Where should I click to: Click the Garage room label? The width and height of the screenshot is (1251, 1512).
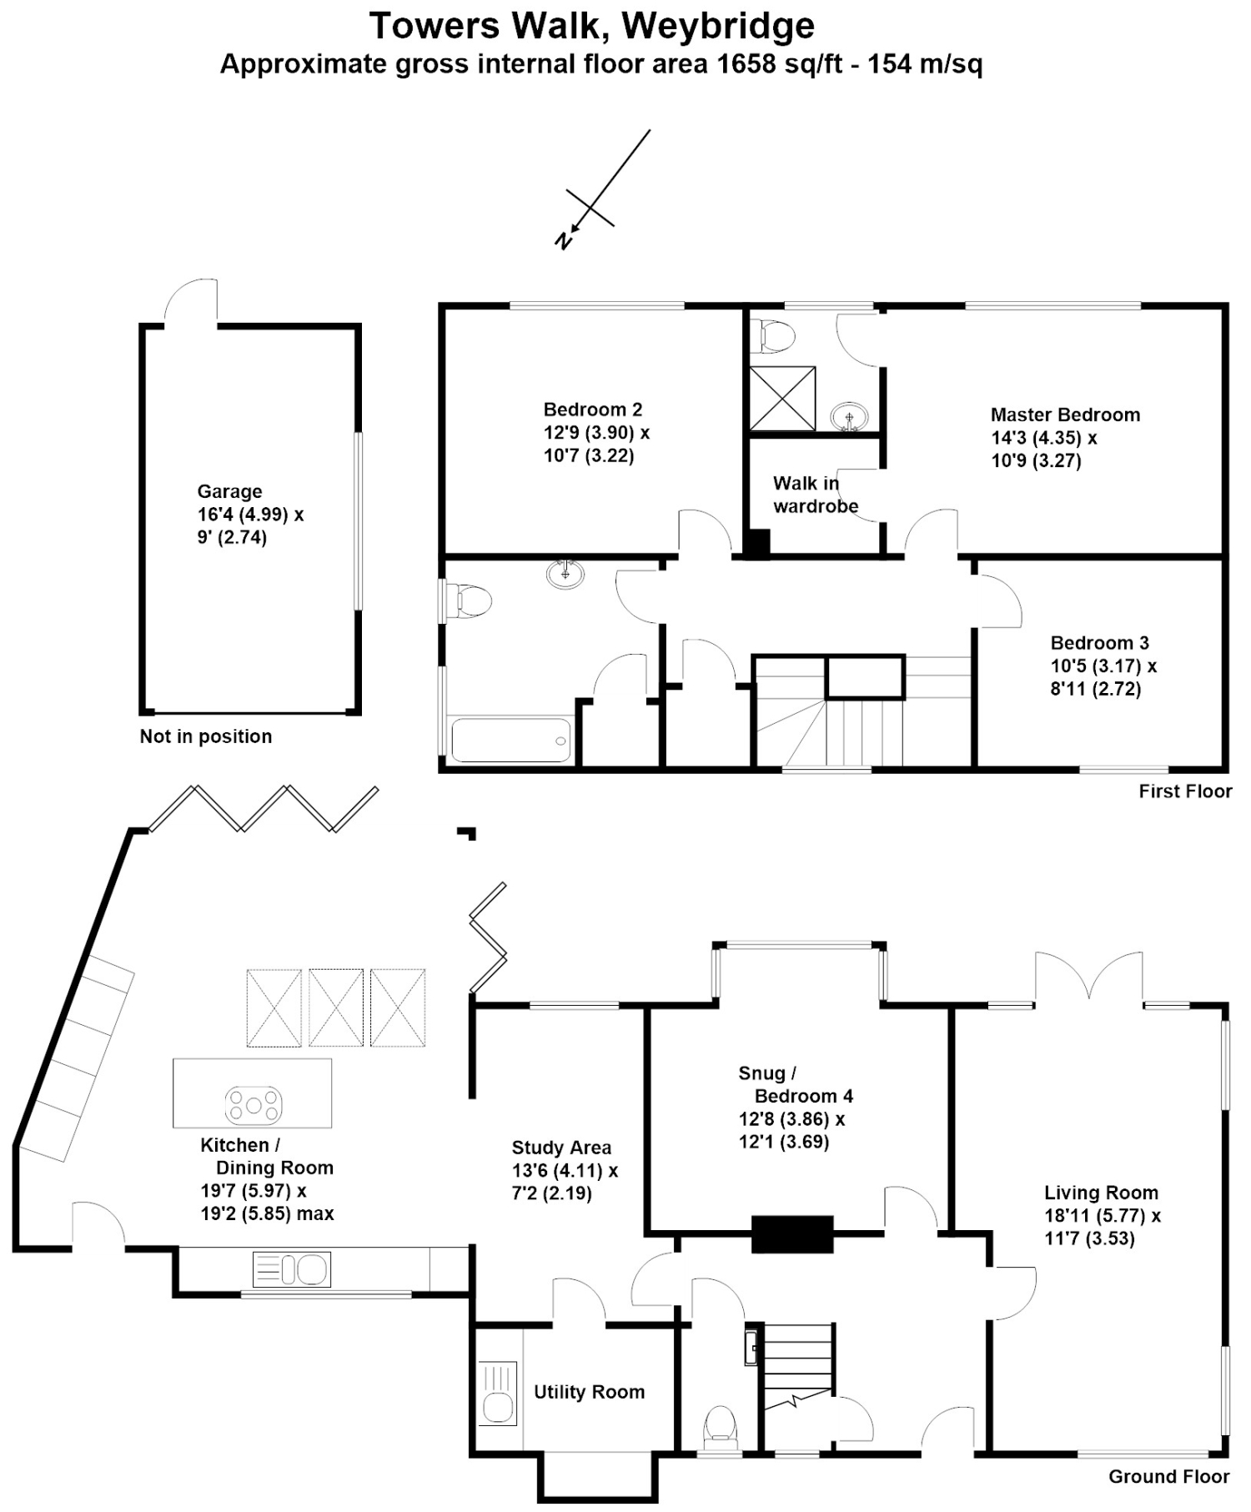coord(229,491)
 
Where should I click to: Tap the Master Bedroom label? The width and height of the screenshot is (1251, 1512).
coord(1065,414)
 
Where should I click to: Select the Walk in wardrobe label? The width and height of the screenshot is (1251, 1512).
coord(815,495)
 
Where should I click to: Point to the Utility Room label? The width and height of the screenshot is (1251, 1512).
coord(589,1392)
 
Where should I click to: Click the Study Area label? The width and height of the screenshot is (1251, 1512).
coord(561,1148)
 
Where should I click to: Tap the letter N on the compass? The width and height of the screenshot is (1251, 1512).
coord(565,240)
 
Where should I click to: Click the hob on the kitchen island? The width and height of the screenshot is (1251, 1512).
coord(254,1106)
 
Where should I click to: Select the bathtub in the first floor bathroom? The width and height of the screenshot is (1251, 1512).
coord(511,740)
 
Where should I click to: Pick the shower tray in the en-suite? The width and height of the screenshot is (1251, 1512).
coord(782,399)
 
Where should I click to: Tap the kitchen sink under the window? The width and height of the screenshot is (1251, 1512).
coord(292,1269)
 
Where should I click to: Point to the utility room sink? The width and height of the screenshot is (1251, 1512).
coord(499,1394)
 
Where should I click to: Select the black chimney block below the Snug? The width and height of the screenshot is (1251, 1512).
coord(792,1234)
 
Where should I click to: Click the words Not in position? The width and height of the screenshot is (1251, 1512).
coord(206,736)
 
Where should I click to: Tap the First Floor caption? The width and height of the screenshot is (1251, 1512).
coord(1185,791)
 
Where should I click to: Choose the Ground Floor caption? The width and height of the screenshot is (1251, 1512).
coord(1168,1477)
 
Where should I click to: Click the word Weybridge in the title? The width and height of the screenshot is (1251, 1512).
coord(718,27)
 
